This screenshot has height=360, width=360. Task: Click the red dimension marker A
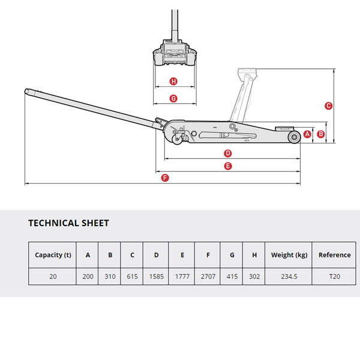coord(308,134)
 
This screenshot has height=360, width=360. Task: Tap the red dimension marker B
coord(320,134)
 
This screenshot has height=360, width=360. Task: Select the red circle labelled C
coord(328,106)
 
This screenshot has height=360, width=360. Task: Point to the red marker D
coord(228,153)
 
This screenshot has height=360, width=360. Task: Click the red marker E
coord(228,166)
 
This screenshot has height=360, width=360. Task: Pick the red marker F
coord(166,178)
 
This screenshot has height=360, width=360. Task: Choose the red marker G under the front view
coord(173,98)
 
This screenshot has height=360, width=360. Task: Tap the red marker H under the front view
coord(173,82)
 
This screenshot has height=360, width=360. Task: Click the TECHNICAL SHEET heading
coord(68,223)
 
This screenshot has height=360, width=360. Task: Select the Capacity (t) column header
coord(53,255)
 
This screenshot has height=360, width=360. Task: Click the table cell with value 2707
coord(208,277)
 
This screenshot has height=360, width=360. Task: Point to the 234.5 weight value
coord(289,277)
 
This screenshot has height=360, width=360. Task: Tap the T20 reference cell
coord(334,277)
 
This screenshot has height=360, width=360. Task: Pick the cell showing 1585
coord(156,277)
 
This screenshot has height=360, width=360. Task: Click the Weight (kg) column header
coord(289,255)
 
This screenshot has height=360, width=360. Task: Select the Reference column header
coord(334,255)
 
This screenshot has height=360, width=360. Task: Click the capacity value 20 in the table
coord(53,277)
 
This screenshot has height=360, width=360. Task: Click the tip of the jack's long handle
coord(27,92)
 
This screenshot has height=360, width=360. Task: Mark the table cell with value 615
coord(132,277)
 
